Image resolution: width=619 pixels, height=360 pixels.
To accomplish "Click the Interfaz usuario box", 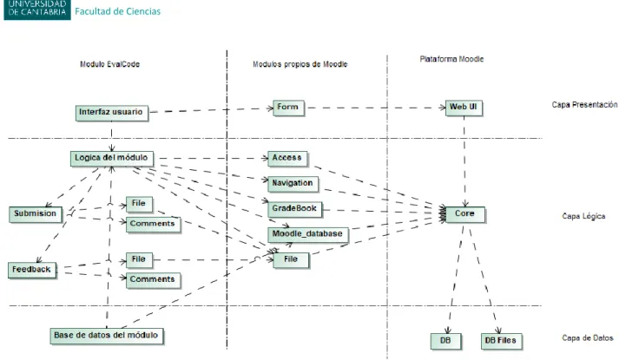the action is pyautogui.click(x=112, y=113).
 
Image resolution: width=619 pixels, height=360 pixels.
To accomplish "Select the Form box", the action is pyautogui.click(x=288, y=108).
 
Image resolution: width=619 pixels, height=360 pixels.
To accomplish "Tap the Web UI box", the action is pyautogui.click(x=464, y=108).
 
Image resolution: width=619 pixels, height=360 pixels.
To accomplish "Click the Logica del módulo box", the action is pyautogui.click(x=112, y=159).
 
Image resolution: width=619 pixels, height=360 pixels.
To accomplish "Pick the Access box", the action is pyautogui.click(x=287, y=159).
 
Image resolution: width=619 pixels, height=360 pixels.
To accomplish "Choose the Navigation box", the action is pyautogui.click(x=293, y=184).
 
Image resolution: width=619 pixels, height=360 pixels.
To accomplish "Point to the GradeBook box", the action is pyautogui.click(x=295, y=209).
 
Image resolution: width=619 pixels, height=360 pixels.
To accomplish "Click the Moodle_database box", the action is pyautogui.click(x=308, y=234).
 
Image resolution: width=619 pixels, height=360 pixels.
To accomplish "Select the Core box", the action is pyautogui.click(x=465, y=214).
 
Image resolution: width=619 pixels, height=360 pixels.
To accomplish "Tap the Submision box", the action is pyautogui.click(x=36, y=214).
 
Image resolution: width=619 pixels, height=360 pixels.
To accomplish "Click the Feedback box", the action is pyautogui.click(x=32, y=271).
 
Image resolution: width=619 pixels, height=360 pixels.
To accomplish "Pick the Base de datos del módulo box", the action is pyautogui.click(x=107, y=337).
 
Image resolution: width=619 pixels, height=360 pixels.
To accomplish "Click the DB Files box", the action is pyautogui.click(x=501, y=341).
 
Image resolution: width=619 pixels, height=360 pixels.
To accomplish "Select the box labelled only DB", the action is pyautogui.click(x=445, y=341).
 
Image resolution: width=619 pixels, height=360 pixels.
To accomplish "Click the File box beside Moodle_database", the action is pyautogui.click(x=291, y=260).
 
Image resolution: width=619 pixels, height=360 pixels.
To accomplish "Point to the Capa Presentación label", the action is pyautogui.click(x=584, y=104).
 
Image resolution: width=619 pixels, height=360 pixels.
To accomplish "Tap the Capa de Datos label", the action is pyautogui.click(x=588, y=338).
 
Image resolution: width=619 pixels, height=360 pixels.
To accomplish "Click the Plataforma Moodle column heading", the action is pyautogui.click(x=451, y=59).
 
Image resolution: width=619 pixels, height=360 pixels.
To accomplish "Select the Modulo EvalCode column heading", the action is pyautogui.click(x=109, y=64).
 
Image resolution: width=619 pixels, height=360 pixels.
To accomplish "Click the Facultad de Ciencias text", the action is pyautogui.click(x=118, y=11).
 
